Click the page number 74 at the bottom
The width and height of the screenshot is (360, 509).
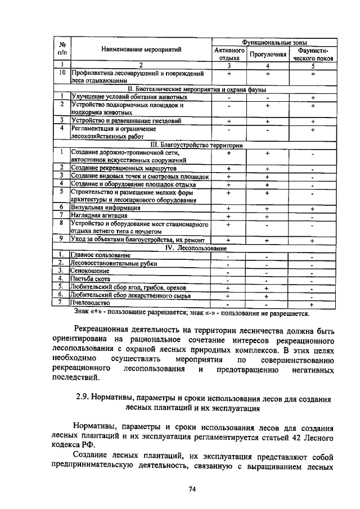point(192,489)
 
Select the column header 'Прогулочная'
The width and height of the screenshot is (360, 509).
point(268,55)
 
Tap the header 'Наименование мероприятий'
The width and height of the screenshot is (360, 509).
point(141,49)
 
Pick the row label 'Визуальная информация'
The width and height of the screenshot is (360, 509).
point(106,208)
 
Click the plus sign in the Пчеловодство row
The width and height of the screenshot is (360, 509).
point(312,303)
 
